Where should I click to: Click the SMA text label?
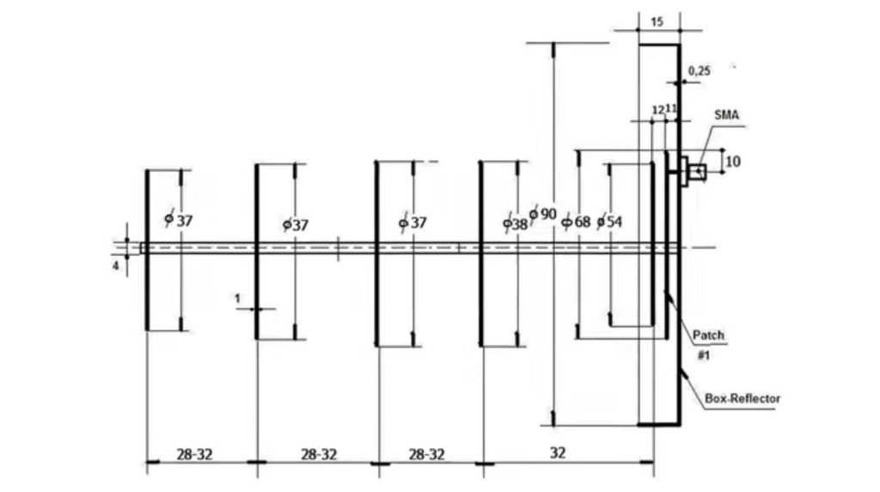click(726, 115)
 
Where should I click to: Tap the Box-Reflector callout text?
click(742, 398)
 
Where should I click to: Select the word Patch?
click(708, 335)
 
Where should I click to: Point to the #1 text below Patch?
click(704, 355)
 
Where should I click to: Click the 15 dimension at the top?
click(657, 22)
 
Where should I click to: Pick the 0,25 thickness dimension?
click(700, 71)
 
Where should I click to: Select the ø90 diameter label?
click(542, 214)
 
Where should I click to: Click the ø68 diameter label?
click(577, 222)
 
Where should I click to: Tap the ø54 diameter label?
click(609, 222)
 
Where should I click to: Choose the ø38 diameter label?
click(516, 224)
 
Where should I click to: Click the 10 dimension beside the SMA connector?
click(733, 162)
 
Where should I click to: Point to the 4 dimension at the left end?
click(116, 267)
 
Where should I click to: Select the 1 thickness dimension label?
click(237, 298)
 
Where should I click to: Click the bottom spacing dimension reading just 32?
click(557, 452)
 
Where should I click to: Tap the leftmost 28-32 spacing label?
click(195, 454)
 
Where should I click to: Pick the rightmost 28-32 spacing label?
click(426, 454)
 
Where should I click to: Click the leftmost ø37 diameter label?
click(179, 220)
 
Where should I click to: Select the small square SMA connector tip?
click(698, 171)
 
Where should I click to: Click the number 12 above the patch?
click(658, 109)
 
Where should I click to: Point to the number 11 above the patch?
click(671, 108)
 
